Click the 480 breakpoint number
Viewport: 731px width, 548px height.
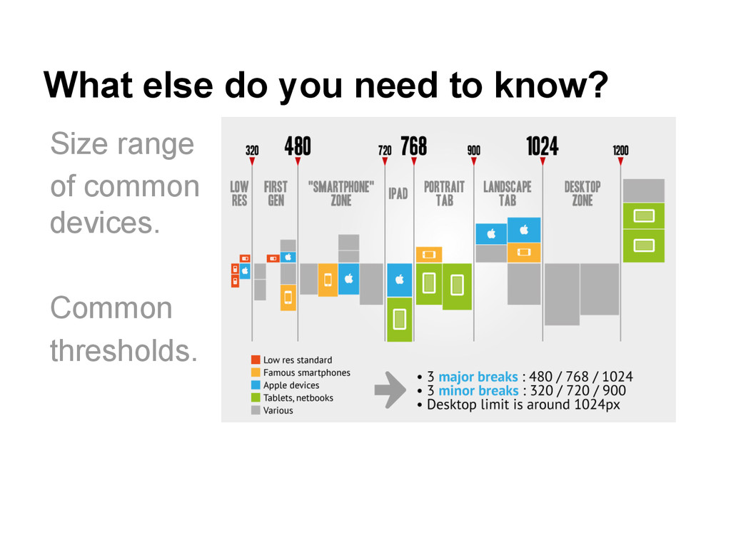(298, 146)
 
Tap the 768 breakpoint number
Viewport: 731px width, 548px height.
(413, 146)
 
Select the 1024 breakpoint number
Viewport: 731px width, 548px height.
(543, 146)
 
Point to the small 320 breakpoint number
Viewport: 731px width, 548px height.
(252, 151)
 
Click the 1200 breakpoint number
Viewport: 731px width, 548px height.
(620, 151)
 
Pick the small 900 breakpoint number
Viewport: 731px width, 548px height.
(473, 151)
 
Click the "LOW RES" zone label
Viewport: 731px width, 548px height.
(239, 193)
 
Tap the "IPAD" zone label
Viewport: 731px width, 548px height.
(398, 194)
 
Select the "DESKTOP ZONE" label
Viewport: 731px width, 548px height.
(582, 193)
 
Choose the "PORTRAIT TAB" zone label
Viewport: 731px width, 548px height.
(444, 193)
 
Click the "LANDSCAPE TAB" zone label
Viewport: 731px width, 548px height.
(507, 193)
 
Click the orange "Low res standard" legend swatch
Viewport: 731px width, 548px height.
(255, 360)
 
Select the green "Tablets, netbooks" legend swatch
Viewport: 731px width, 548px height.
(255, 398)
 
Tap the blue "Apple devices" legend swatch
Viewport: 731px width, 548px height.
(255, 385)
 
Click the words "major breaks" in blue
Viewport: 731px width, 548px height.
(478, 377)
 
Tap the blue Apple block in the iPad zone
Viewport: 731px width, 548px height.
(400, 280)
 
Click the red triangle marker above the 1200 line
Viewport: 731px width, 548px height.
(620, 162)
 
